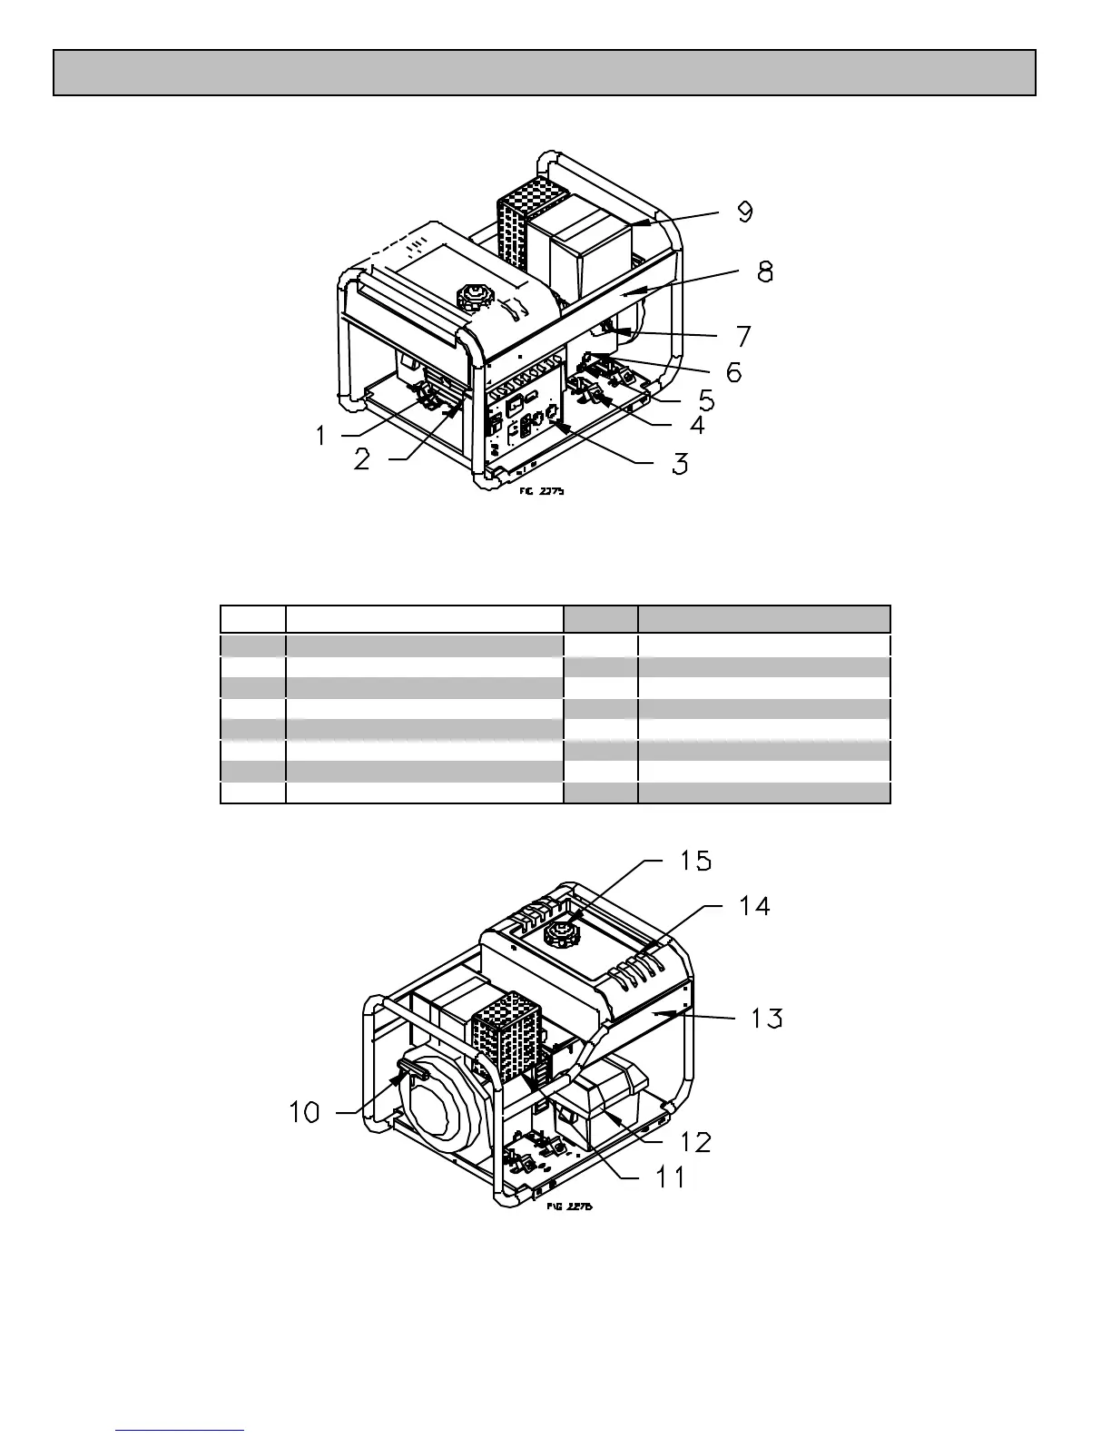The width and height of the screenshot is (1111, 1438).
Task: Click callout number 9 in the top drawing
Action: tap(744, 212)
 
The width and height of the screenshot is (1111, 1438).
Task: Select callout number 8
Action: tap(765, 271)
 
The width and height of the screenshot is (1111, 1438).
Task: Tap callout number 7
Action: tap(743, 336)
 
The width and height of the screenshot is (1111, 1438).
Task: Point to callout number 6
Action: tap(732, 371)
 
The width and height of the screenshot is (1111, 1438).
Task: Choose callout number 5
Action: tap(705, 399)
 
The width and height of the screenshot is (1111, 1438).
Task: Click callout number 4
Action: tap(697, 425)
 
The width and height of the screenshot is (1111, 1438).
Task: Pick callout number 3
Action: tap(679, 464)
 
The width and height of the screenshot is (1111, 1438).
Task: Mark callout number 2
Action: tap(361, 459)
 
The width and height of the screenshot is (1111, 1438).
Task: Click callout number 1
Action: tap(320, 436)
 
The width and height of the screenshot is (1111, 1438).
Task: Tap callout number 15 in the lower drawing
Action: tap(695, 860)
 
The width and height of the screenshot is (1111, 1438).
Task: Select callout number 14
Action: tap(754, 905)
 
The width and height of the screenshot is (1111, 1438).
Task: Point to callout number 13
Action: tap(767, 1018)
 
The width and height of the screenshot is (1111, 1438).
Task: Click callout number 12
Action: tap(695, 1142)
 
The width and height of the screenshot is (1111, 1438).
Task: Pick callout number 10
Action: tap(305, 1111)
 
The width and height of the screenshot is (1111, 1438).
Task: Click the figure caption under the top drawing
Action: tap(543, 491)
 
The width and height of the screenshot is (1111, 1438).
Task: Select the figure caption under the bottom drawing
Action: tap(570, 1207)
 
